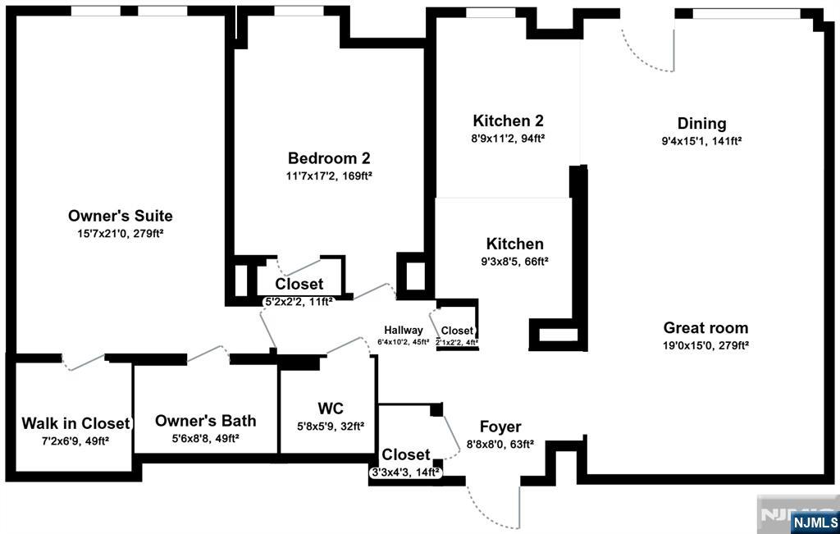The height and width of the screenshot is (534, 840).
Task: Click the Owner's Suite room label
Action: coord(121,216)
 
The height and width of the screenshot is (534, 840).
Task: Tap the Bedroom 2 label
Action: coord(329,158)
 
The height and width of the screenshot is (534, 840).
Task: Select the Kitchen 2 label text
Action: coord(508,121)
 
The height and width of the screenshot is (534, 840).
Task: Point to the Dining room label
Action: coord(702,124)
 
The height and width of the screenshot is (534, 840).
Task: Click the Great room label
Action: coord(705,328)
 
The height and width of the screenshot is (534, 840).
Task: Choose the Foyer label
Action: coord(500,427)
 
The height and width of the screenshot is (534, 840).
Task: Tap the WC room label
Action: coord(331,408)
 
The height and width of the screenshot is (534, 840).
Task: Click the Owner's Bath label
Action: coord(206,421)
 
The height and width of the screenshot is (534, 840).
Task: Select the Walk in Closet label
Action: coord(75,423)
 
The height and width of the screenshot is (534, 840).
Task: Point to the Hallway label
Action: coord(404,331)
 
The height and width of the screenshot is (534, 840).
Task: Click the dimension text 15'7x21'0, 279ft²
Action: coord(121,234)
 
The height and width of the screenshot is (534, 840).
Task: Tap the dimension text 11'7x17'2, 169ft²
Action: coord(329,176)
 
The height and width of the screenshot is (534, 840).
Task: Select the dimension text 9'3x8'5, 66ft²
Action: coord(515,262)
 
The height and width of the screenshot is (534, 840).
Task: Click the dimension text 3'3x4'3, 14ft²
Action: coord(405,473)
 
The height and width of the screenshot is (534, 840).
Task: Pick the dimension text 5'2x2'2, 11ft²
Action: coord(299,302)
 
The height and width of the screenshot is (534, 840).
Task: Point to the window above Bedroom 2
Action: coord(299,11)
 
